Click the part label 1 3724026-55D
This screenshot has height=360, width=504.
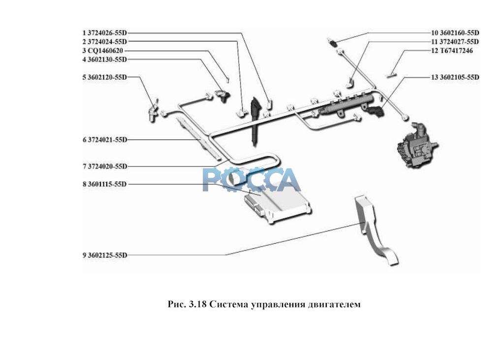coord(105,33)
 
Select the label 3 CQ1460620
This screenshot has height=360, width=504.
coord(102,51)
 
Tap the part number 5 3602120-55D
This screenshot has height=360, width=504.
coord(105,77)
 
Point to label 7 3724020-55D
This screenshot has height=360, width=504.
coord(105,166)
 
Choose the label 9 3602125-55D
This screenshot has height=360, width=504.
coord(105,255)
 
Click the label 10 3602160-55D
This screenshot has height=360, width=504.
coord(455,33)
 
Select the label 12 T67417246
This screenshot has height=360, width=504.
coord(452,51)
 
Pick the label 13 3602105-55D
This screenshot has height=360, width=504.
coord(455,77)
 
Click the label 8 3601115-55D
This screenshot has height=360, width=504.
coord(105,184)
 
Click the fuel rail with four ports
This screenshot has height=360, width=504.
coord(347,102)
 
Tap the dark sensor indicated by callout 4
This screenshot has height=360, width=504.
coord(222,95)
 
